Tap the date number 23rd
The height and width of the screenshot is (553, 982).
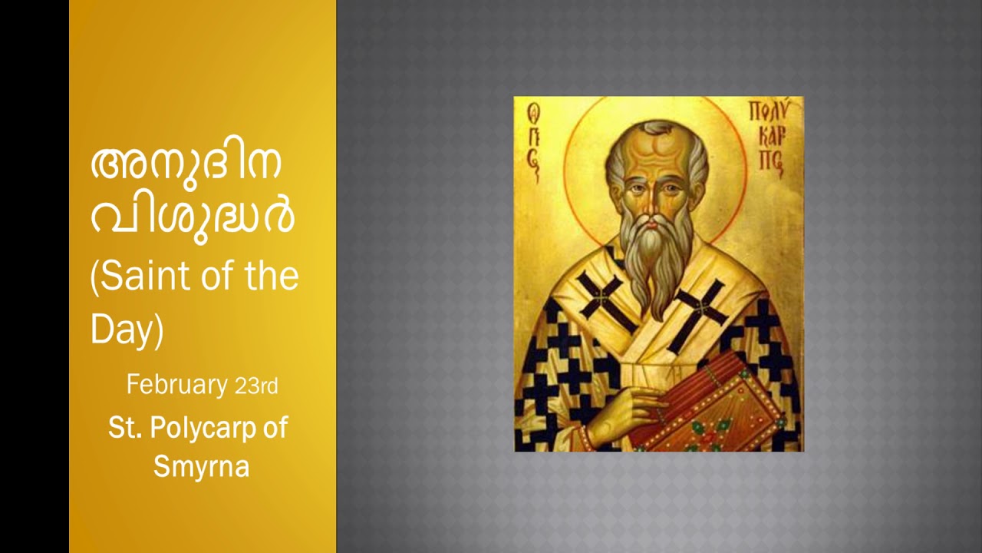pos(256,386)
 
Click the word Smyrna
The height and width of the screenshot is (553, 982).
pos(201,465)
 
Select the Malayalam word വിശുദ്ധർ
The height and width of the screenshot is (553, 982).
pos(193,216)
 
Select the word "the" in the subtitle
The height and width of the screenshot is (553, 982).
pos(272,276)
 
